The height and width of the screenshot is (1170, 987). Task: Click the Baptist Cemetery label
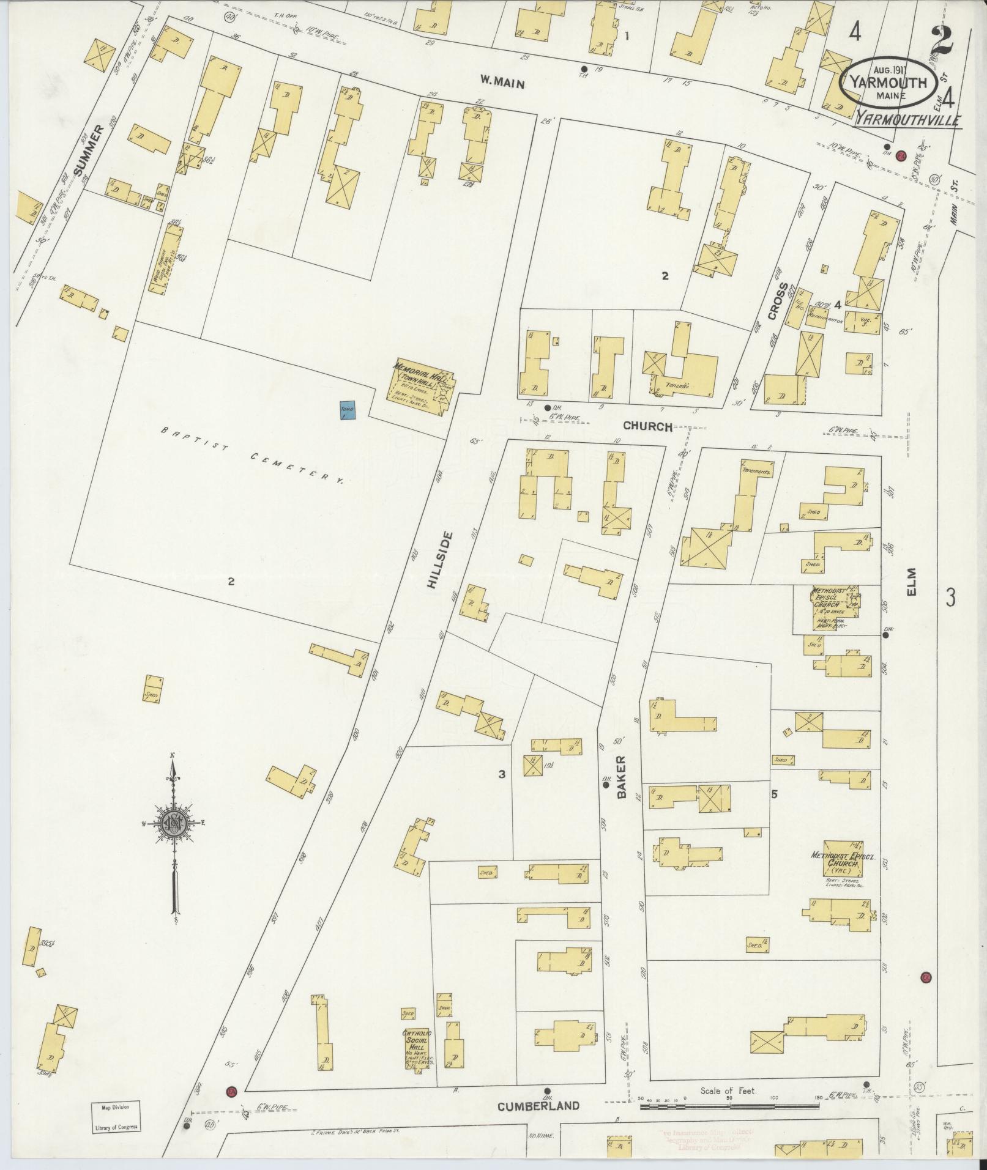pyautogui.click(x=251, y=456)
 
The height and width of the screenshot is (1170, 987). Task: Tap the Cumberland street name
pyautogui.click(x=538, y=1106)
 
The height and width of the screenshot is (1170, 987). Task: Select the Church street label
pyautogui.click(x=648, y=426)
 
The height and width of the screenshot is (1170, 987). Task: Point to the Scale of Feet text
pyautogui.click(x=728, y=1090)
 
